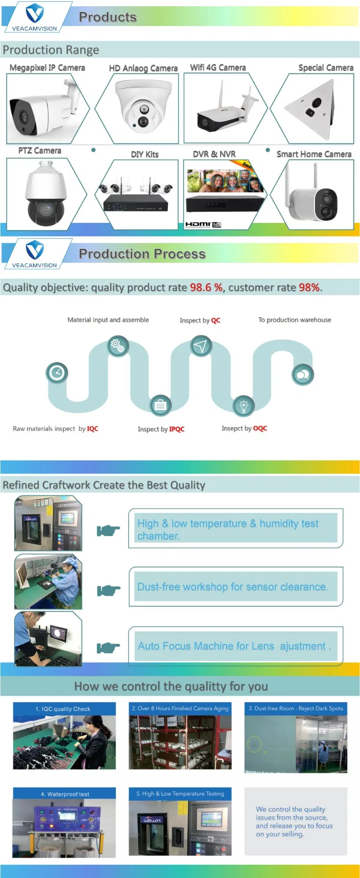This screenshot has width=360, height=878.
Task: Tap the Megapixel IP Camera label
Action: pos(47,68)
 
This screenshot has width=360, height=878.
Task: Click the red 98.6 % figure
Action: pos(206,288)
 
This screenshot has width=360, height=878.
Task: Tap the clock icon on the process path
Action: pos(57,373)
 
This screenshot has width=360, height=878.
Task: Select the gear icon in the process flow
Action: pos(118,345)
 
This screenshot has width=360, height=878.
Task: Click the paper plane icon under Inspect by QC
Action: pos(201,346)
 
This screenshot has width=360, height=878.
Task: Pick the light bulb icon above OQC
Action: pos(244,405)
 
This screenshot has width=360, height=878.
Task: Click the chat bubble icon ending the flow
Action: pos(303,375)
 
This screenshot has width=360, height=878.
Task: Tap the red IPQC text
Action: pos(177,429)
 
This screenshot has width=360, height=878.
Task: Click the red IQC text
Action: pos(93,429)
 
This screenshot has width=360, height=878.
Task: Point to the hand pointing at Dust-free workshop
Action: pos(108,590)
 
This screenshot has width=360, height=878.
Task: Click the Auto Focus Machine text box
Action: pos(235,646)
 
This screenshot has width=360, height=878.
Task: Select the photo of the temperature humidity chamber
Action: pos(48,523)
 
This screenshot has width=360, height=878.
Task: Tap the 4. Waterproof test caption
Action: pos(65,794)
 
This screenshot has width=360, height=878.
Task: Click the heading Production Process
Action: pos(142,254)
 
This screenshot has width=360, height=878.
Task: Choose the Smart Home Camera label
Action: pos(314,154)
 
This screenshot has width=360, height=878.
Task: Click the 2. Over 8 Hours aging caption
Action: pos(180,708)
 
